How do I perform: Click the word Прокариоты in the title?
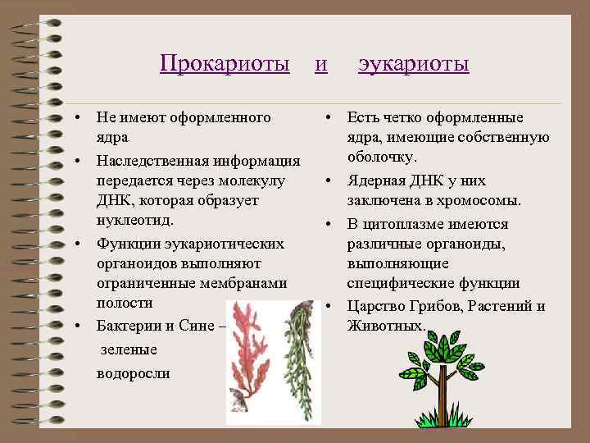click(x=225, y=63)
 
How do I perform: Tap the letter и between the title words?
click(x=322, y=63)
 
